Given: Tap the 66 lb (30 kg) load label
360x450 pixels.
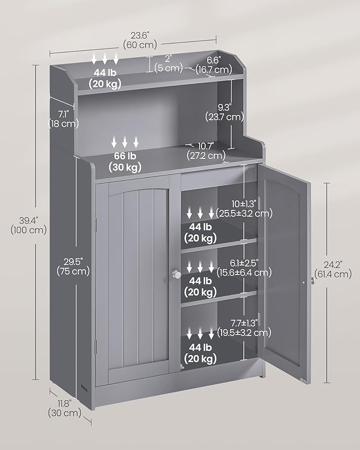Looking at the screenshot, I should pyautogui.click(x=126, y=161).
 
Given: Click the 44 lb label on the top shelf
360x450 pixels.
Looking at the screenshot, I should pyautogui.click(x=106, y=78).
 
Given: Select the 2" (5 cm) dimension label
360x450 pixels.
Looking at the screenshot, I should pyautogui.click(x=169, y=63).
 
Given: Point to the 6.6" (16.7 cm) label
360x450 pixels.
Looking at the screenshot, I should pyautogui.click(x=213, y=65).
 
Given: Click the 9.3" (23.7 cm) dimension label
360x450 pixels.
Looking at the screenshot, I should pyautogui.click(x=223, y=112).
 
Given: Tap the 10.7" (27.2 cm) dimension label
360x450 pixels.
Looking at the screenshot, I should pyautogui.click(x=206, y=151).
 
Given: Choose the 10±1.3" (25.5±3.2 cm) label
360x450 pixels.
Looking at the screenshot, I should pyautogui.click(x=244, y=208).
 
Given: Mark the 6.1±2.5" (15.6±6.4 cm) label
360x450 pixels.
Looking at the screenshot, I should pyautogui.click(x=244, y=267).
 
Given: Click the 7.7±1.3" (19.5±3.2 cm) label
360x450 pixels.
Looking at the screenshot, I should pyautogui.click(x=244, y=327).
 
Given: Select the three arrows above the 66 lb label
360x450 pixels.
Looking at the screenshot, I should pyautogui.click(x=126, y=142).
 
